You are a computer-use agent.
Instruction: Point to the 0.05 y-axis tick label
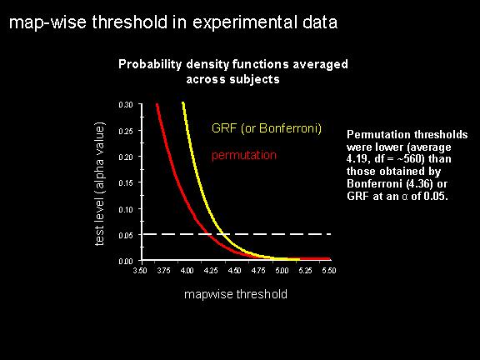126,235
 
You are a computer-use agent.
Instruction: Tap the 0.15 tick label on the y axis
126,182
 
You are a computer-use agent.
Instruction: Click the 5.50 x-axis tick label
329,271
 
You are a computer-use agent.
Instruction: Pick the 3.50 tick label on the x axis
140,271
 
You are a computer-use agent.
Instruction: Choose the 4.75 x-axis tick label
258,271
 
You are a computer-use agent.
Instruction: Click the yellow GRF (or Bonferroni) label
267,128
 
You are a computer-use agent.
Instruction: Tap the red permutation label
244,155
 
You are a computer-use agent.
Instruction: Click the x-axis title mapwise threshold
236,294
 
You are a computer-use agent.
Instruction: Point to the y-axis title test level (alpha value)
99,183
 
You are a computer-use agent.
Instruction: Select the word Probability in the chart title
150,64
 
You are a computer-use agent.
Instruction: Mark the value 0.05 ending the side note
436,196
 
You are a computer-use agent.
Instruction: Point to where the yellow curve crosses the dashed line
224,234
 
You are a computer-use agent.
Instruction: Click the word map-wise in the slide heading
47,22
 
